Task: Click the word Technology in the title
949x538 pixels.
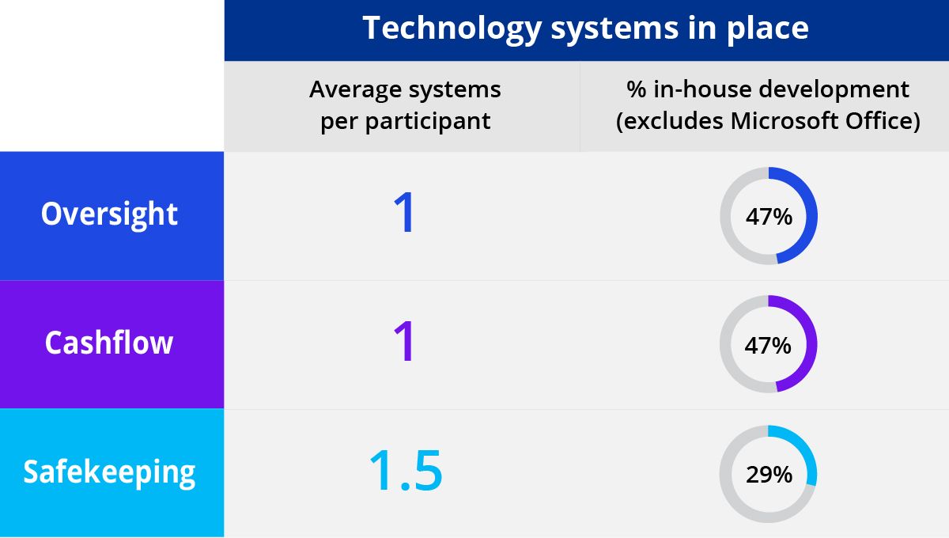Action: [x=452, y=28]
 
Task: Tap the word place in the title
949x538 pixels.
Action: [x=768, y=28]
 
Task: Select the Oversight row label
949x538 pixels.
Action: [x=109, y=215]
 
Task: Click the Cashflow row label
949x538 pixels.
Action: [x=109, y=343]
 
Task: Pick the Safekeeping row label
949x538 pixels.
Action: [x=109, y=472]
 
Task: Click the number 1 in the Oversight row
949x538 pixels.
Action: [x=404, y=212]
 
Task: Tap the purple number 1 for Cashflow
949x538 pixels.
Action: [x=404, y=341]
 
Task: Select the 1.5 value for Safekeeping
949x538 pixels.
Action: [x=406, y=470]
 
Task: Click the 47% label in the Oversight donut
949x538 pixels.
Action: [x=769, y=217]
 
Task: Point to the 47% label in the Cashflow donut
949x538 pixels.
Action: [x=768, y=346]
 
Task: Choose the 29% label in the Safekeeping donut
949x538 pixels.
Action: [x=769, y=475]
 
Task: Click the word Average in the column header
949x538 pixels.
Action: [x=355, y=90]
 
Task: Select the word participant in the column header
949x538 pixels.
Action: [x=428, y=122]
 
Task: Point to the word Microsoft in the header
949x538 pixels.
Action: [x=785, y=121]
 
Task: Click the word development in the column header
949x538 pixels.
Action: [x=834, y=90]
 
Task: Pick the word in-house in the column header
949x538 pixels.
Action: [x=702, y=89]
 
